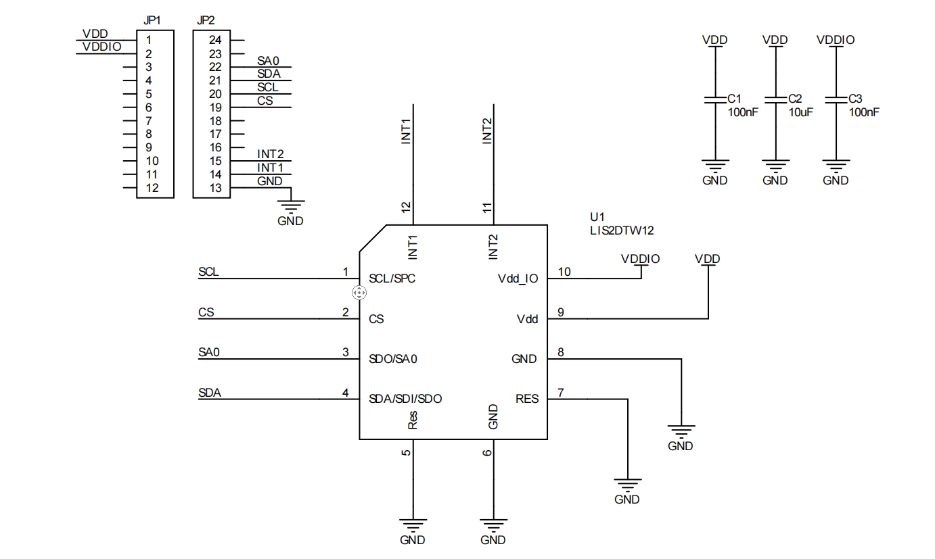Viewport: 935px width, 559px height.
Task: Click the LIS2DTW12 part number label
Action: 621,230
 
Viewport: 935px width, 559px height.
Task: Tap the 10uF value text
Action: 800,113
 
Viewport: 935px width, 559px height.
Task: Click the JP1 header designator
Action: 152,21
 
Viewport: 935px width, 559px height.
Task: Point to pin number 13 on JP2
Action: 215,188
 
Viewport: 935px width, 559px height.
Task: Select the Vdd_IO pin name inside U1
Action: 518,278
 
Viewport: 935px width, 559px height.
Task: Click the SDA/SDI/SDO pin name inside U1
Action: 405,399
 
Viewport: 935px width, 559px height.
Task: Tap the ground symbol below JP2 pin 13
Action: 291,205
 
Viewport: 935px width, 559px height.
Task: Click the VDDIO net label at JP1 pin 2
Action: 101,46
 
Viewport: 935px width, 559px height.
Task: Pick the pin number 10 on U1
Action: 564,272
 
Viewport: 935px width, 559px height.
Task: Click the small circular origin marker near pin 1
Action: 359,293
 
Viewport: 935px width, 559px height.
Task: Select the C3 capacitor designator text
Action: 855,99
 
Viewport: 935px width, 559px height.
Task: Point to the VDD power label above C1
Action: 714,40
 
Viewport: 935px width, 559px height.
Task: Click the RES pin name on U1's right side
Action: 527,399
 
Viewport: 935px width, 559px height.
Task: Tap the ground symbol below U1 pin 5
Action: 412,524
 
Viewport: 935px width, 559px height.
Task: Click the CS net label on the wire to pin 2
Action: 206,313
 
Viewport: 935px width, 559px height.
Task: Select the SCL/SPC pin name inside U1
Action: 392,278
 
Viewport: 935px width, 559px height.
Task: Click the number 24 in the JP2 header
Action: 215,40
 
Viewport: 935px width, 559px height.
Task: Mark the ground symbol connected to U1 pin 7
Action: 627,484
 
